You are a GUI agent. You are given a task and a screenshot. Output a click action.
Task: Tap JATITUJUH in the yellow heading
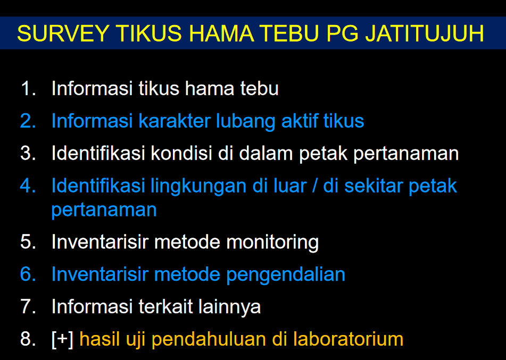pyautogui.click(x=425, y=33)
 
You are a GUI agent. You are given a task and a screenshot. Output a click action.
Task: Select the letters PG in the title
pyautogui.click(x=342, y=33)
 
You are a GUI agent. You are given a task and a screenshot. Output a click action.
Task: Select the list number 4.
pyautogui.click(x=28, y=186)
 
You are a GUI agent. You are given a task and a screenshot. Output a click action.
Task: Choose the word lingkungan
pyautogui.click(x=198, y=187)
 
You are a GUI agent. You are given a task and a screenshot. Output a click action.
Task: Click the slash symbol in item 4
pyautogui.click(x=314, y=186)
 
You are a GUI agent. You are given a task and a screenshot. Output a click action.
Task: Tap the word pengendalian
pyautogui.click(x=285, y=275)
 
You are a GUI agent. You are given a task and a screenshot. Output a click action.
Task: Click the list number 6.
pyautogui.click(x=28, y=274)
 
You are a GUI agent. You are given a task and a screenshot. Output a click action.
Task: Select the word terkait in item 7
pyautogui.click(x=165, y=306)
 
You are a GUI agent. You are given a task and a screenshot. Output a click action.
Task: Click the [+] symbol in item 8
pyautogui.click(x=62, y=339)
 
